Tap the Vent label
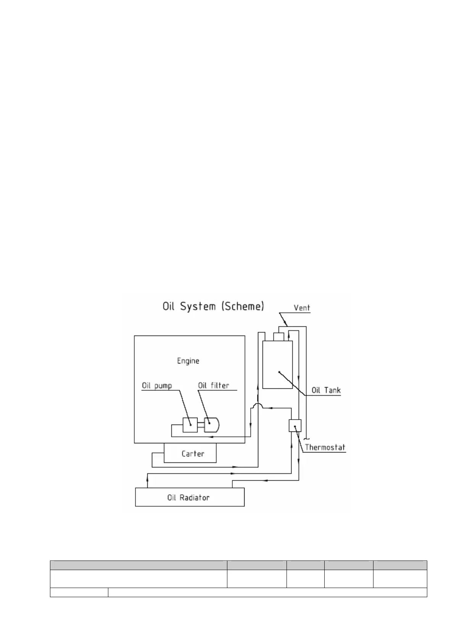(302, 308)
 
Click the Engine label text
(188, 361)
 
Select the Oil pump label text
(157, 386)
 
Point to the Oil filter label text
(213, 386)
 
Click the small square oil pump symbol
(190, 425)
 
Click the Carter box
(190, 453)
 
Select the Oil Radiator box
(190, 498)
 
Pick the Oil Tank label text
(326, 390)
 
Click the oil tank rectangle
(277, 365)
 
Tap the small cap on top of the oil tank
(279, 336)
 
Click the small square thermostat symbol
(295, 425)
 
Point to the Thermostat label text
(325, 447)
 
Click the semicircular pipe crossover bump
(259, 405)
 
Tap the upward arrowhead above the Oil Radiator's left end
(147, 476)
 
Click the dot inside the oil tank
(279, 372)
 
